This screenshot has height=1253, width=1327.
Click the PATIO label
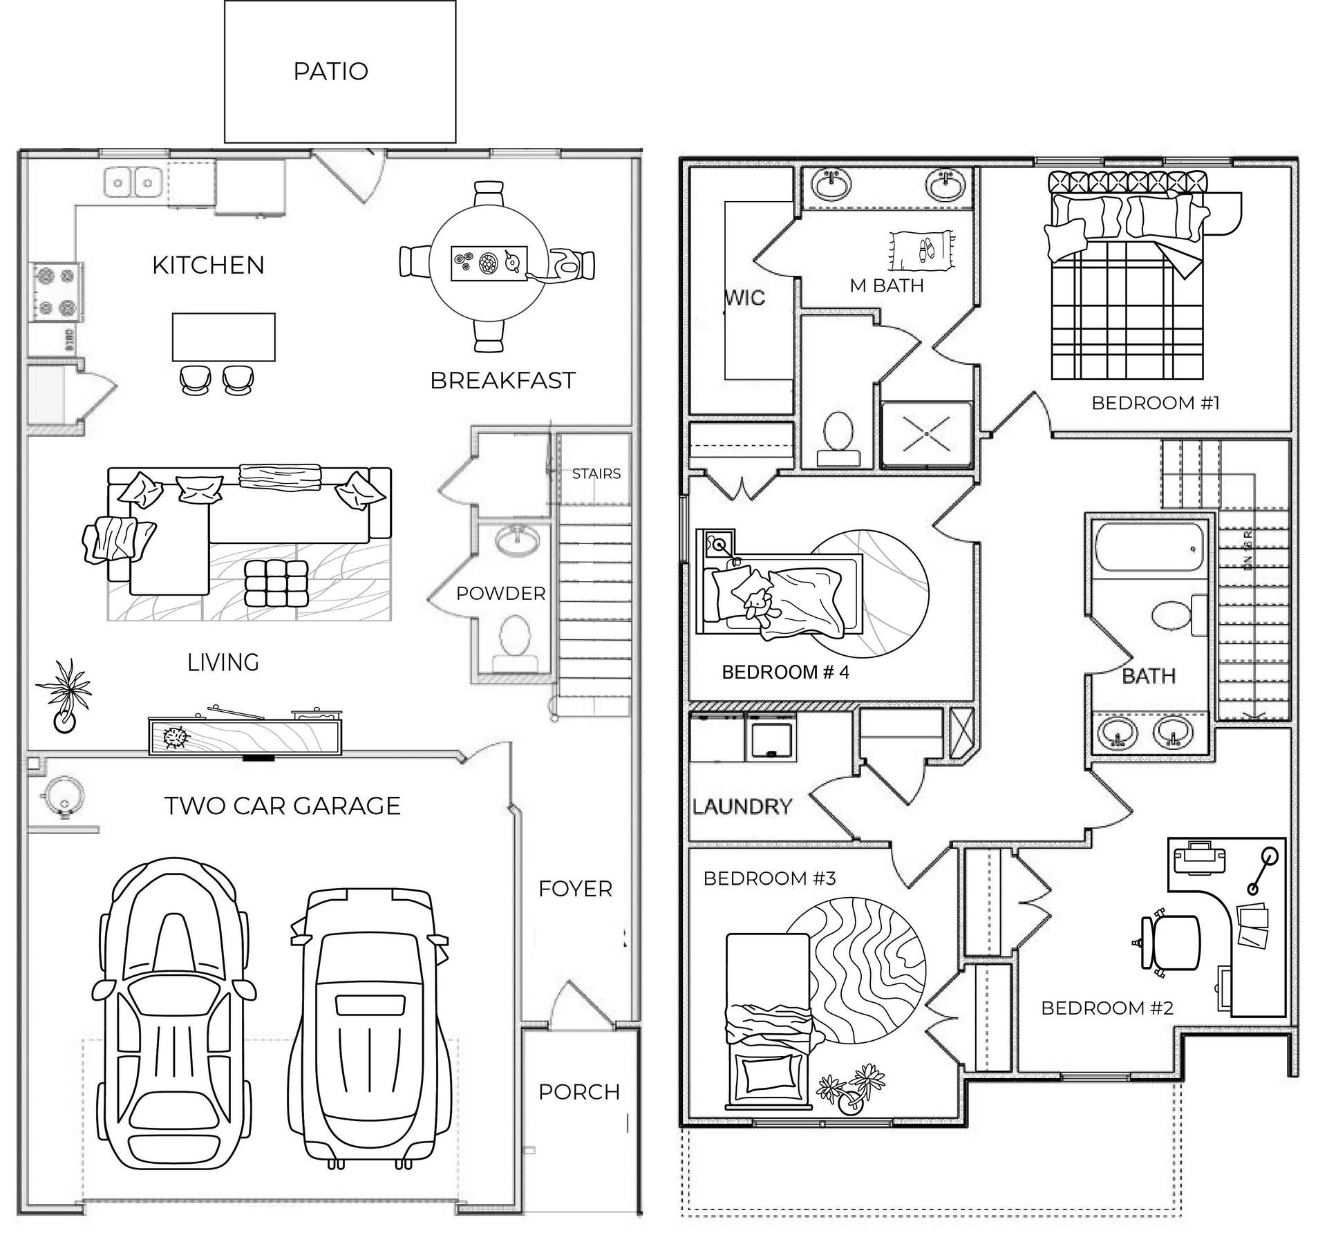(330, 71)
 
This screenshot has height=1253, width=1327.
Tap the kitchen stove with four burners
(56, 292)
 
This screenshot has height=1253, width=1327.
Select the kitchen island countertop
(223, 337)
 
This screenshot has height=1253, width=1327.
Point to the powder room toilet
(514, 637)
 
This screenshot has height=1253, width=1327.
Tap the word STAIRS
(596, 474)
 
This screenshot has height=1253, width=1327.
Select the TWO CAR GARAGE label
(282, 806)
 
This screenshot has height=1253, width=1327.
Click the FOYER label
(575, 889)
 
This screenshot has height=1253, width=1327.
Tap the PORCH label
(578, 1092)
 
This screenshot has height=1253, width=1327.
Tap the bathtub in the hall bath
(1149, 547)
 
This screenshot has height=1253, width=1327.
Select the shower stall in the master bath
(926, 434)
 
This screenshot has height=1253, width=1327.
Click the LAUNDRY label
(742, 807)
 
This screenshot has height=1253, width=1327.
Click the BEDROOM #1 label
(1155, 403)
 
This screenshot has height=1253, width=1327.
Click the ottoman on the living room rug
(276, 583)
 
